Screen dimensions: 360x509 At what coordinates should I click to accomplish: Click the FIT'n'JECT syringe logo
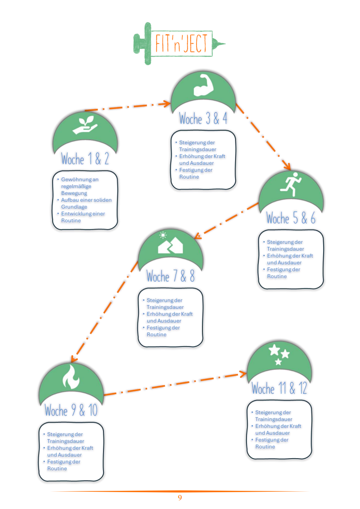click(179, 44)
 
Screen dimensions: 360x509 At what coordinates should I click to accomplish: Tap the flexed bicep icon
click(203, 85)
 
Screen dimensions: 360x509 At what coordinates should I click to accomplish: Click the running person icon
click(291, 184)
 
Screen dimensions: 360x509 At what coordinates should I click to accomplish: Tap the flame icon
click(71, 377)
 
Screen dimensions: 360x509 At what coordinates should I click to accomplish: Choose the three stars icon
click(279, 354)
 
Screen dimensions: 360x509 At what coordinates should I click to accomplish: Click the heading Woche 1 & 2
click(85, 159)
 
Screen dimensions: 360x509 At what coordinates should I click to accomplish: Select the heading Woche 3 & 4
click(203, 119)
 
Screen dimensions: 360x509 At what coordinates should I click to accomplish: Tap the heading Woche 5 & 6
click(291, 218)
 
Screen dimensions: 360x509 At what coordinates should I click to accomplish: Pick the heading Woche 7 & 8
click(171, 276)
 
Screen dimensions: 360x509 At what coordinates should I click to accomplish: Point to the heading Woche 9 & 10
click(71, 410)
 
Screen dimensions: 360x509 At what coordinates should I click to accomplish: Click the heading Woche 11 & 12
click(280, 388)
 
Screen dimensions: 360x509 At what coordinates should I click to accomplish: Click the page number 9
click(180, 498)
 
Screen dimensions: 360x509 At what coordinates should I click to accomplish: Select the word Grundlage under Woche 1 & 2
click(74, 207)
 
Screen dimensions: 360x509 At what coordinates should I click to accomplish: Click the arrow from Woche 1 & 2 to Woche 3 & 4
click(128, 107)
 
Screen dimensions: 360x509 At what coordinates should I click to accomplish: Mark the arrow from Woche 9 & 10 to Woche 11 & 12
click(175, 384)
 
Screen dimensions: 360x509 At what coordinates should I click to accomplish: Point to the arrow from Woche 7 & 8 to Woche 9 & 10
click(104, 312)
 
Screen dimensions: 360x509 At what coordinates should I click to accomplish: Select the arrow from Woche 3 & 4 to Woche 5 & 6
click(263, 137)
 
